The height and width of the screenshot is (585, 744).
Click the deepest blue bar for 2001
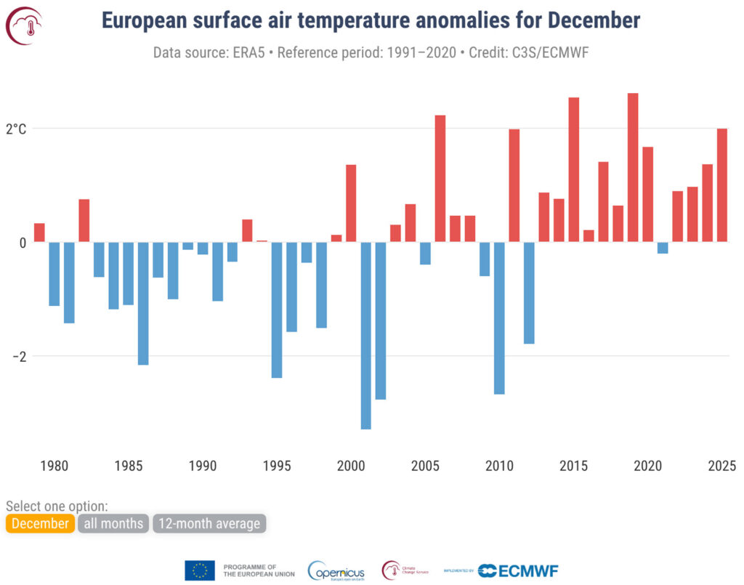365,335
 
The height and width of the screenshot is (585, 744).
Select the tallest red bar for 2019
633,167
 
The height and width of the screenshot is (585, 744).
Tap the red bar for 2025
722,185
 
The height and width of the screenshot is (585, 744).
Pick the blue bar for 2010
499,318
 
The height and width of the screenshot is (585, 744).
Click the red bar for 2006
440,178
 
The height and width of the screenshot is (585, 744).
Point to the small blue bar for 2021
663,248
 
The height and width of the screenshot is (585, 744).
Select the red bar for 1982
84,220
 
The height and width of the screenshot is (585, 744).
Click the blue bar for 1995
276,310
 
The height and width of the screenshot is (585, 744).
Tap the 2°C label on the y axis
16,129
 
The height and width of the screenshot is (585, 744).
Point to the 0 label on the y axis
22,243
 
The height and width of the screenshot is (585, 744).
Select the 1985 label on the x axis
128,466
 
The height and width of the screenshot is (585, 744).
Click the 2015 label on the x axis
574,466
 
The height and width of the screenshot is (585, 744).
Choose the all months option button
113,523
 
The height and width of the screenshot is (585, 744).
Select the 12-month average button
209,523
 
